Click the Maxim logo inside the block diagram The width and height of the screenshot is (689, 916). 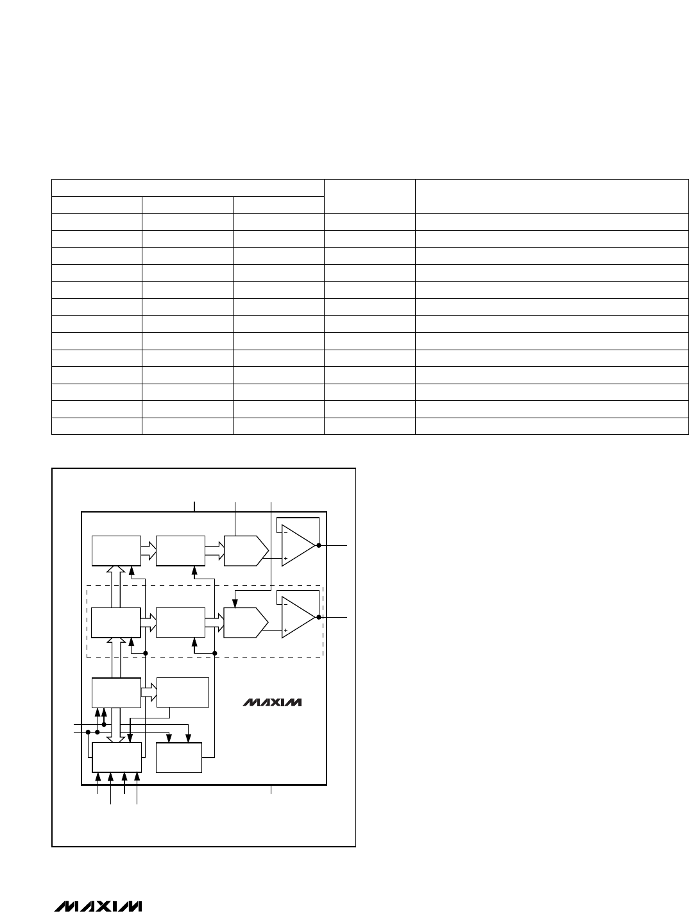point(272,702)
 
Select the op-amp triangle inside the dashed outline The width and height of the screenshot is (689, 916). point(298,617)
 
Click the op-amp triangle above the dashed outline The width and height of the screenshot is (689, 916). point(298,545)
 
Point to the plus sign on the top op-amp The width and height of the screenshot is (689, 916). point(286,558)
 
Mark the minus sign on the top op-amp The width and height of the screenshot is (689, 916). point(286,533)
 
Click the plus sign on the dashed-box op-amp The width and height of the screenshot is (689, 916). point(286,630)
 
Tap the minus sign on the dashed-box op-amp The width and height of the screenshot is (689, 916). point(286,605)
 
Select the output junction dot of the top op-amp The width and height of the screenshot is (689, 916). point(319,545)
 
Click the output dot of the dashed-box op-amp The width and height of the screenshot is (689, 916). point(319,617)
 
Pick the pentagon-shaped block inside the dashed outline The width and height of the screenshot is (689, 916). point(246,623)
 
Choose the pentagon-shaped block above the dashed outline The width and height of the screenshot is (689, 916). point(246,551)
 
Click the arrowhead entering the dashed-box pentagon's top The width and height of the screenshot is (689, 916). point(235,604)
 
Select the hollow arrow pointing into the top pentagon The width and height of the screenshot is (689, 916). point(214,551)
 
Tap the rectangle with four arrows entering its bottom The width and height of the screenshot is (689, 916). point(117,758)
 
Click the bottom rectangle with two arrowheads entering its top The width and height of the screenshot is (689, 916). point(179,758)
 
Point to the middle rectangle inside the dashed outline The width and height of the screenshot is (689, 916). point(181,623)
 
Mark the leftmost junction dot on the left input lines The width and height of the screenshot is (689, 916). point(88,732)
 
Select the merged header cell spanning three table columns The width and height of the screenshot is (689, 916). point(188,188)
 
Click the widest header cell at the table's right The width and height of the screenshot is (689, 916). point(552,196)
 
